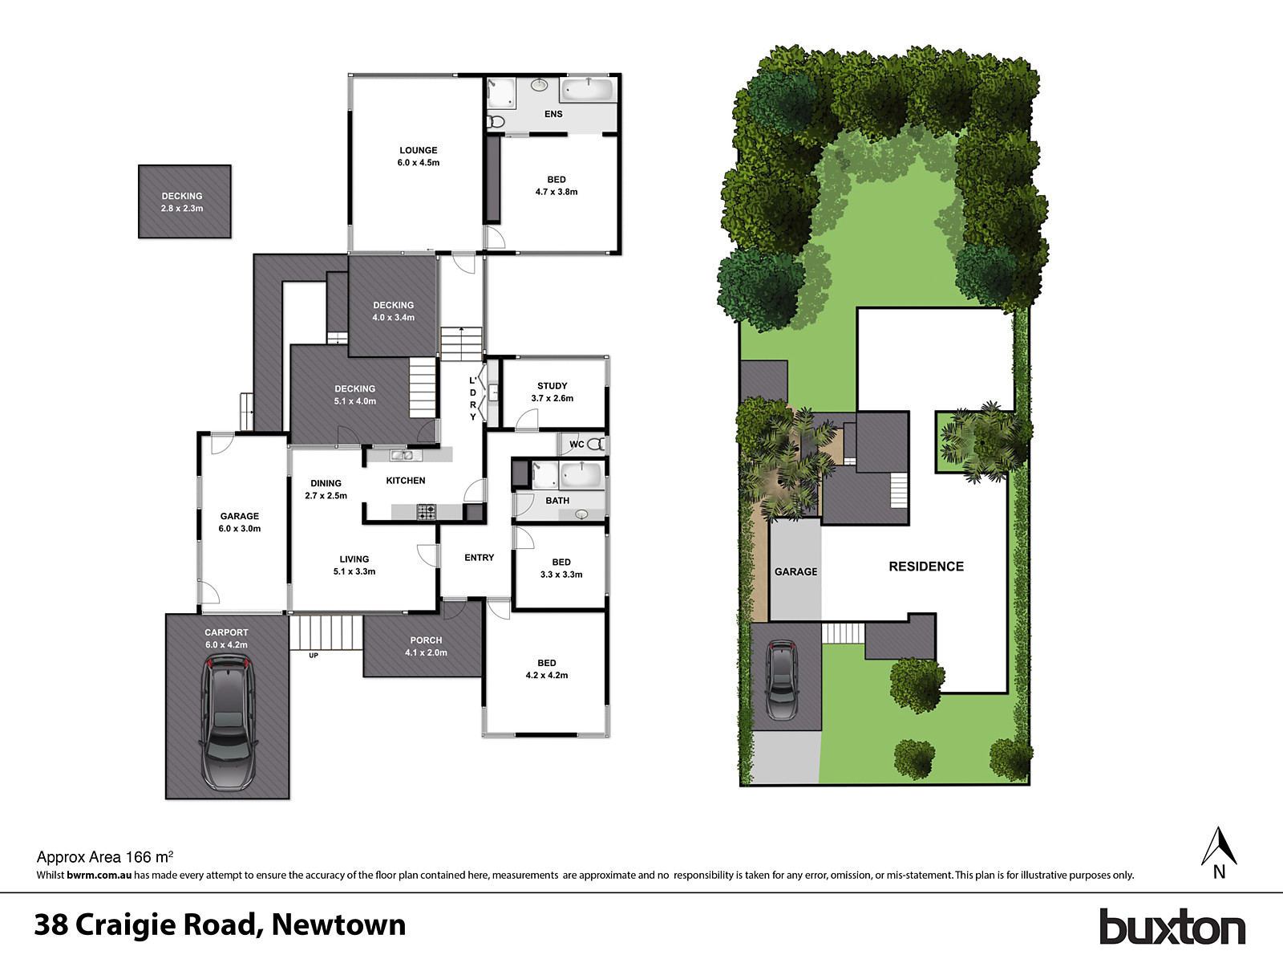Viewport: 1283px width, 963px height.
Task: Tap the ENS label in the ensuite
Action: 553,114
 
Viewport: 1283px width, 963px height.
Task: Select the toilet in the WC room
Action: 596,444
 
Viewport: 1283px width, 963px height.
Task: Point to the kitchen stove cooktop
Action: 426,510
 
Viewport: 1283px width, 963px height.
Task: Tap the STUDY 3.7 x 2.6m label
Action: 552,392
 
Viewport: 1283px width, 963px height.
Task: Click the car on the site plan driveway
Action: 782,680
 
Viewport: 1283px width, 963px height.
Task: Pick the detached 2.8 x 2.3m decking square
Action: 184,201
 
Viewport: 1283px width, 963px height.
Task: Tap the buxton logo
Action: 1172,927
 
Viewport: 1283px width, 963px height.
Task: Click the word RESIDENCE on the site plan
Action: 926,567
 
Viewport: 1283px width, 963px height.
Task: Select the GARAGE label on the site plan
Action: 795,571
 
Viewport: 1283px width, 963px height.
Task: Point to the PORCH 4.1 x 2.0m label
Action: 426,646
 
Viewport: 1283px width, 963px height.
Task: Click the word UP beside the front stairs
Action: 314,656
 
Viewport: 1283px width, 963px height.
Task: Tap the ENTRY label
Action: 479,558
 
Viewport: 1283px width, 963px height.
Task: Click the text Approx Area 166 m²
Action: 105,857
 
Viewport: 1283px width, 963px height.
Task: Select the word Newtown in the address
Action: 338,924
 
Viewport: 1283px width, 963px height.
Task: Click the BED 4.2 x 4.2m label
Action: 547,668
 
